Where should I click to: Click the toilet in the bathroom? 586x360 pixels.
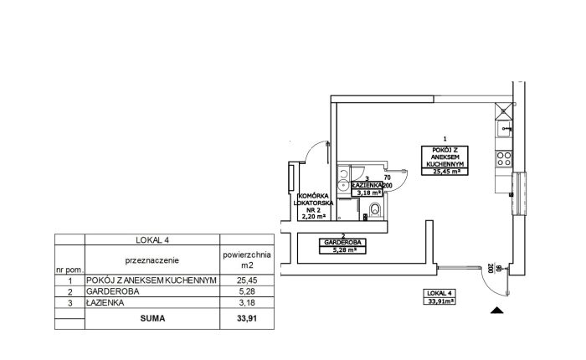pyautogui.click(x=375, y=210)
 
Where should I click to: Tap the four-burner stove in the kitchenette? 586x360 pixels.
pyautogui.click(x=503, y=158)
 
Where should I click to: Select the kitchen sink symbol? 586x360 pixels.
pyautogui.click(x=503, y=129)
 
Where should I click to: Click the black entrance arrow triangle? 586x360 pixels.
pyautogui.click(x=496, y=310)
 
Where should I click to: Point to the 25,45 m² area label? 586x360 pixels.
pyautogui.click(x=445, y=172)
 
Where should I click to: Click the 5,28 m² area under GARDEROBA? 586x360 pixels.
pyautogui.click(x=342, y=250)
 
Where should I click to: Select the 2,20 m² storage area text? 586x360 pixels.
pyautogui.click(x=314, y=216)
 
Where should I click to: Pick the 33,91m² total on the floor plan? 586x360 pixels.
pyautogui.click(x=439, y=301)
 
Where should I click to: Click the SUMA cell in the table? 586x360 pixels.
pyautogui.click(x=152, y=318)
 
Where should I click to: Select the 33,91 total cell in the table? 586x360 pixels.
pyautogui.click(x=247, y=318)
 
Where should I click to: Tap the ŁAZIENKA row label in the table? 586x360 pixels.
pyautogui.click(x=105, y=303)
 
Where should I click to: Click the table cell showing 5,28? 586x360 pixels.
pyautogui.click(x=247, y=291)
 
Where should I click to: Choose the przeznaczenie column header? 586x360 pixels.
pyautogui.click(x=152, y=260)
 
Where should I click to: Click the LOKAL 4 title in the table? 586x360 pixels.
pyautogui.click(x=152, y=240)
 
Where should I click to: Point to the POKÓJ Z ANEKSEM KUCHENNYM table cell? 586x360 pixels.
pyautogui.click(x=152, y=280)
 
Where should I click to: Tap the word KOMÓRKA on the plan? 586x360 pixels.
pyautogui.click(x=314, y=196)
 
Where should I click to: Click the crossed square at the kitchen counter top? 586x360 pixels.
pyautogui.click(x=503, y=111)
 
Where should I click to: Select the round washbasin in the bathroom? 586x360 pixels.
pyautogui.click(x=343, y=185)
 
